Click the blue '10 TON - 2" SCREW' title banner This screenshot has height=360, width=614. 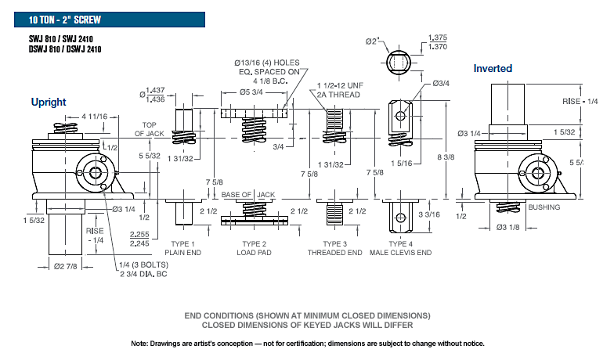coord(110,20)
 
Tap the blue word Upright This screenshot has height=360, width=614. coord(49,102)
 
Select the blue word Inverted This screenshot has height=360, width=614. coord(493,68)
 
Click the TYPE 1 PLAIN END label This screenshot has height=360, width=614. coord(182,248)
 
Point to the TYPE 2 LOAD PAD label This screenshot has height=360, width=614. coord(254,248)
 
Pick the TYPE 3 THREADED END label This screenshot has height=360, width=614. coord(335,248)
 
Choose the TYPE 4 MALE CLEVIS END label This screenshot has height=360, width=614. coord(401,248)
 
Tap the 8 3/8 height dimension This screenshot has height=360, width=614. coord(446,157)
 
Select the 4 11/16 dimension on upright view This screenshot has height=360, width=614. coord(94,116)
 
